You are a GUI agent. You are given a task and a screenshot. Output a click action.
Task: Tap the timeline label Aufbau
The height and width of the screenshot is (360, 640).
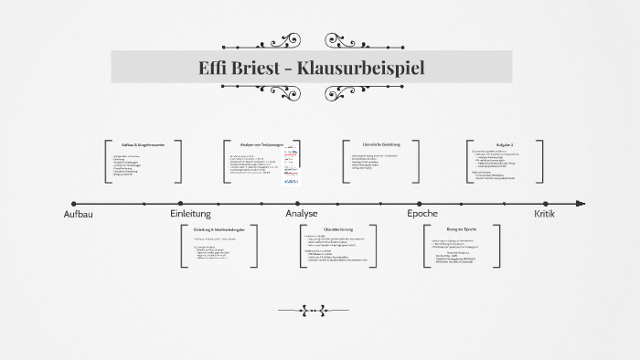pyautogui.click(x=79, y=214)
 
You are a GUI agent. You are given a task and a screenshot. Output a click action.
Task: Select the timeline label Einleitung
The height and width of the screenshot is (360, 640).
pyautogui.click(x=190, y=214)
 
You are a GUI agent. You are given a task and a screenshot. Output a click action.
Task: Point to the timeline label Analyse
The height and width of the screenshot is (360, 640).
pyautogui.click(x=302, y=214)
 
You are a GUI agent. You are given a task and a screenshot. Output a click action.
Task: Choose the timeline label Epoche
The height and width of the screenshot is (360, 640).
pyautogui.click(x=421, y=214)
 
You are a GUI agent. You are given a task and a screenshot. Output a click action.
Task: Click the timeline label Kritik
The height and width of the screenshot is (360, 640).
pyautogui.click(x=545, y=214)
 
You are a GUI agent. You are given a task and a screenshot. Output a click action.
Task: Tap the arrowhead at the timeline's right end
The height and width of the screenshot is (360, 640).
pyautogui.click(x=579, y=204)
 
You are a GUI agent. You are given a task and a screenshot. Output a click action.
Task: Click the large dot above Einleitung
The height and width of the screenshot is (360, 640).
pyautogui.click(x=190, y=204)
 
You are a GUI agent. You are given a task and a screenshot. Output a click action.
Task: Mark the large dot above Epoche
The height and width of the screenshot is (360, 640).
pyautogui.click(x=421, y=204)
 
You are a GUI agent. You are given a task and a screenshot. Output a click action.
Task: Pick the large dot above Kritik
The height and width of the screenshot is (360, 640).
pyautogui.click(x=545, y=204)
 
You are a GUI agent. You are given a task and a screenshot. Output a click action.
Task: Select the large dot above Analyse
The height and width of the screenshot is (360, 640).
pyautogui.click(x=302, y=204)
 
